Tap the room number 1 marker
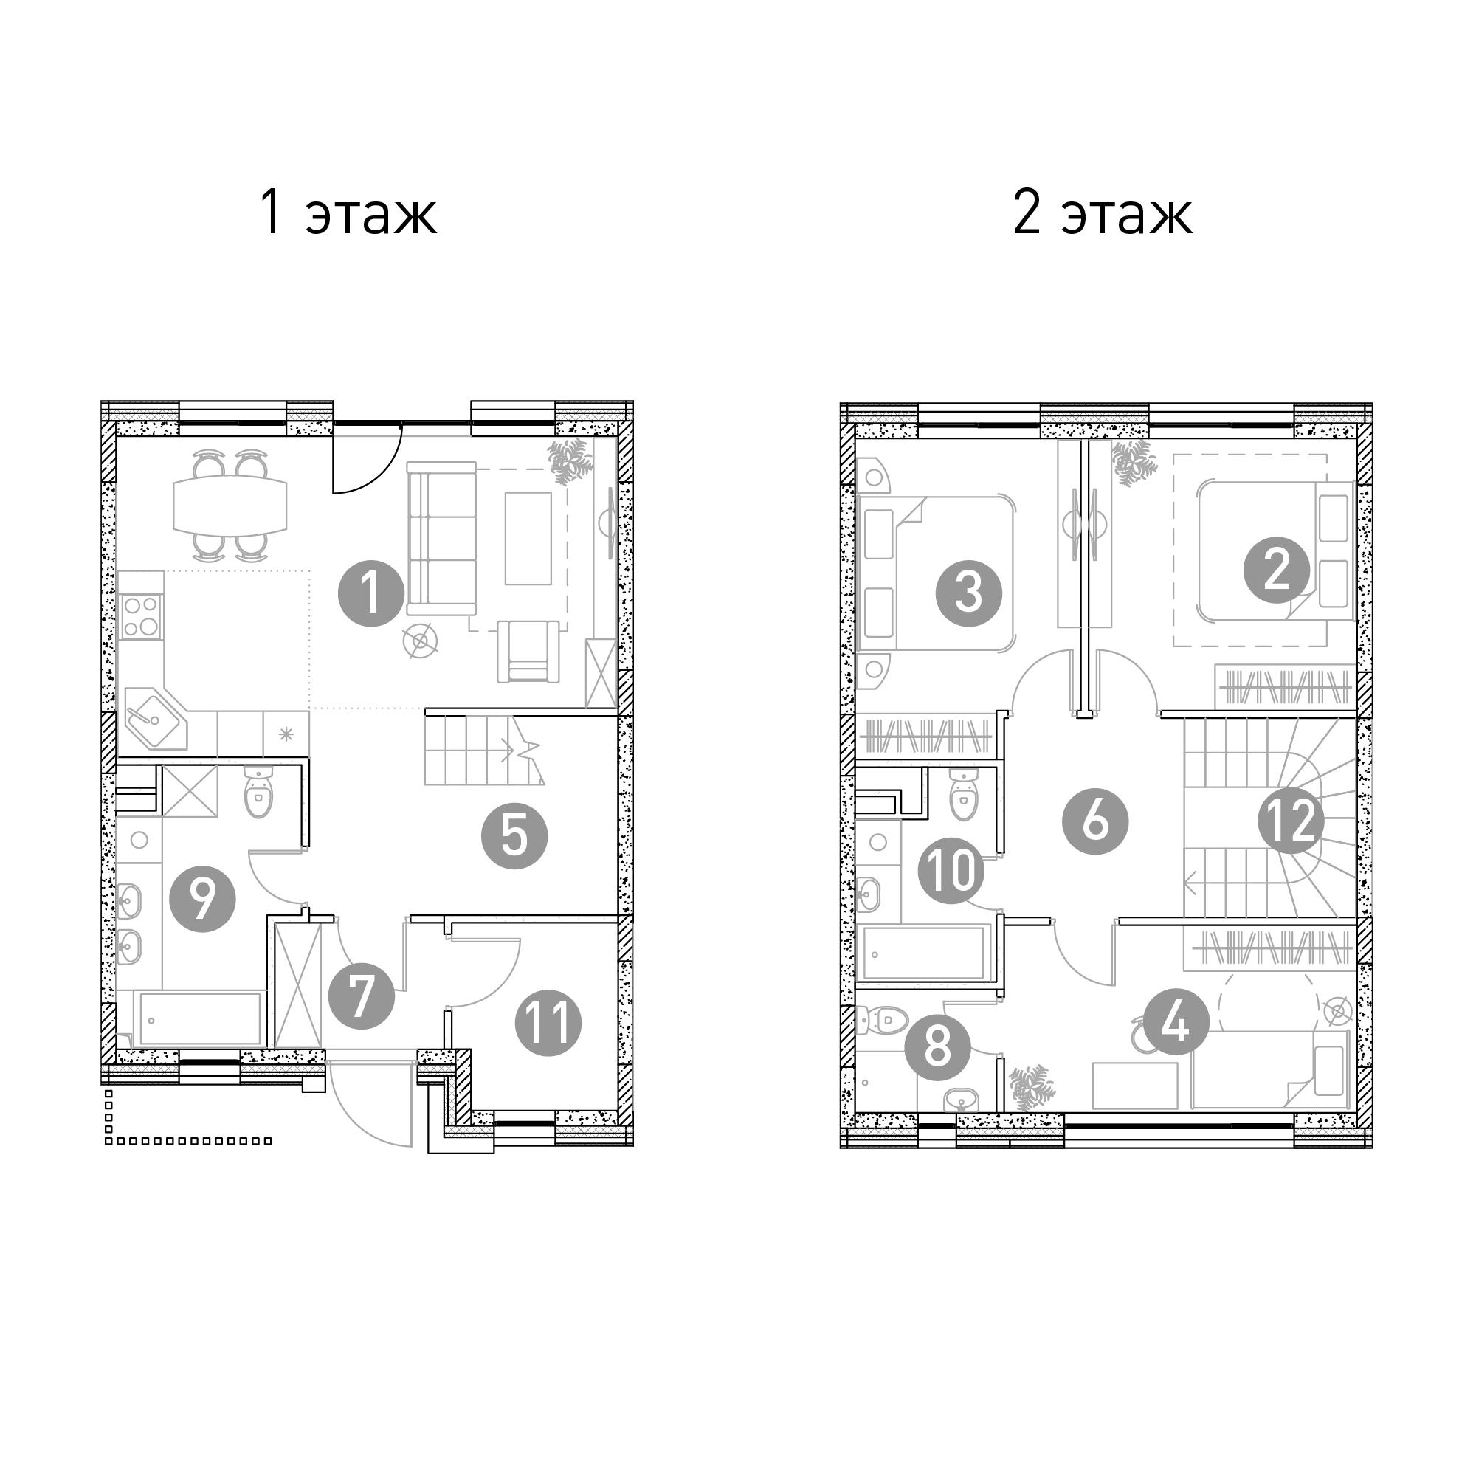coord(371,593)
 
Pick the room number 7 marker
coord(361,996)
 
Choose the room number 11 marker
coord(548,1023)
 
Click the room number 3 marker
coord(969,593)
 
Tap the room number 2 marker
coord(1277,570)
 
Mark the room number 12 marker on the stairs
coord(1291,821)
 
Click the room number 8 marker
coord(937,1046)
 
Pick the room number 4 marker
coord(1176,1021)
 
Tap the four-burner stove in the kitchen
coord(140,617)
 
